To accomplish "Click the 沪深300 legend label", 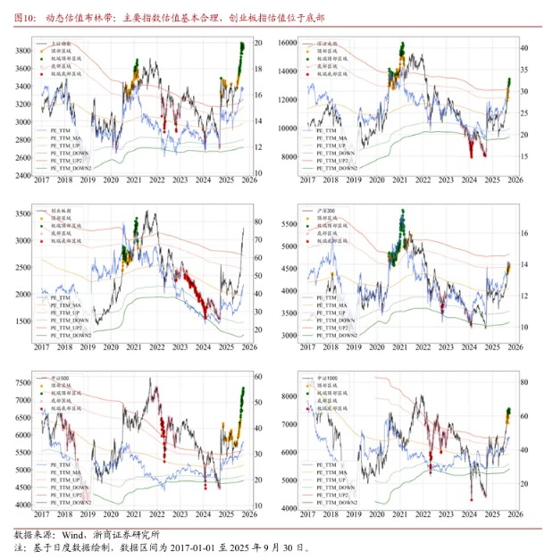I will click(x=328, y=211).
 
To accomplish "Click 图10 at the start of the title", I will click(x=24, y=16).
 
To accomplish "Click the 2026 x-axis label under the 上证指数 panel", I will click(x=249, y=180).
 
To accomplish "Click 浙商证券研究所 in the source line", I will click(x=119, y=534).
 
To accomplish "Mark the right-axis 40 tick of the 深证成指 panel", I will click(x=525, y=48).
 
